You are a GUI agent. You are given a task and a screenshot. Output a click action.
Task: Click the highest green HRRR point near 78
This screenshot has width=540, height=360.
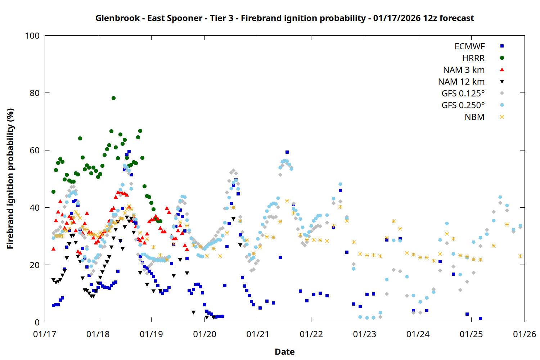113,98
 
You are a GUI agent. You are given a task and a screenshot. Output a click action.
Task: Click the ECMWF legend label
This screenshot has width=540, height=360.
469,46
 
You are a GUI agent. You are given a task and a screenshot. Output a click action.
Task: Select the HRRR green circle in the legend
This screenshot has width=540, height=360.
502,58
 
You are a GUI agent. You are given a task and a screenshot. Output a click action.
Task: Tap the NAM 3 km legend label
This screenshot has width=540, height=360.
464,70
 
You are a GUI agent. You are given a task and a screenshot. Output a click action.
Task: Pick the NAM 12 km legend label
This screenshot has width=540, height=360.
461,82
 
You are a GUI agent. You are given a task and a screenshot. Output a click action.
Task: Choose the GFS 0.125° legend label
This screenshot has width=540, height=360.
463,94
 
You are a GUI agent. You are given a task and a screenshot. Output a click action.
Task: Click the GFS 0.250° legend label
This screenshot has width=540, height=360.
463,105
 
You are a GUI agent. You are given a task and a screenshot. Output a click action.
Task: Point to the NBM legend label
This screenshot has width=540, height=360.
474,117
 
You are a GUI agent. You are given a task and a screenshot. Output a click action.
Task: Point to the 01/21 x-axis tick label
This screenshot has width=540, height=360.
258,334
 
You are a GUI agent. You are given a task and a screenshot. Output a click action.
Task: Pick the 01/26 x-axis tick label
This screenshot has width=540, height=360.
525,334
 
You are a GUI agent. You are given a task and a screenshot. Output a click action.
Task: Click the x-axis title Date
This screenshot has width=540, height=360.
284,352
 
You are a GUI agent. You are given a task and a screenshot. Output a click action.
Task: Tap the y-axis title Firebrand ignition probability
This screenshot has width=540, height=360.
10,179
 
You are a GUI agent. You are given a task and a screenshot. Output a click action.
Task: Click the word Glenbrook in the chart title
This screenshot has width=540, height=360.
117,18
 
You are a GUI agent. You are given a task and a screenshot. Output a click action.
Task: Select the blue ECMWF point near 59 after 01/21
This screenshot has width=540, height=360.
287,152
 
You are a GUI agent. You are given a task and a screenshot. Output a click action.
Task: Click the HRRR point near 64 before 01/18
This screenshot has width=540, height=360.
80,138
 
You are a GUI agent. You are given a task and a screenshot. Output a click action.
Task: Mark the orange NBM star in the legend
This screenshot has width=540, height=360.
502,117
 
